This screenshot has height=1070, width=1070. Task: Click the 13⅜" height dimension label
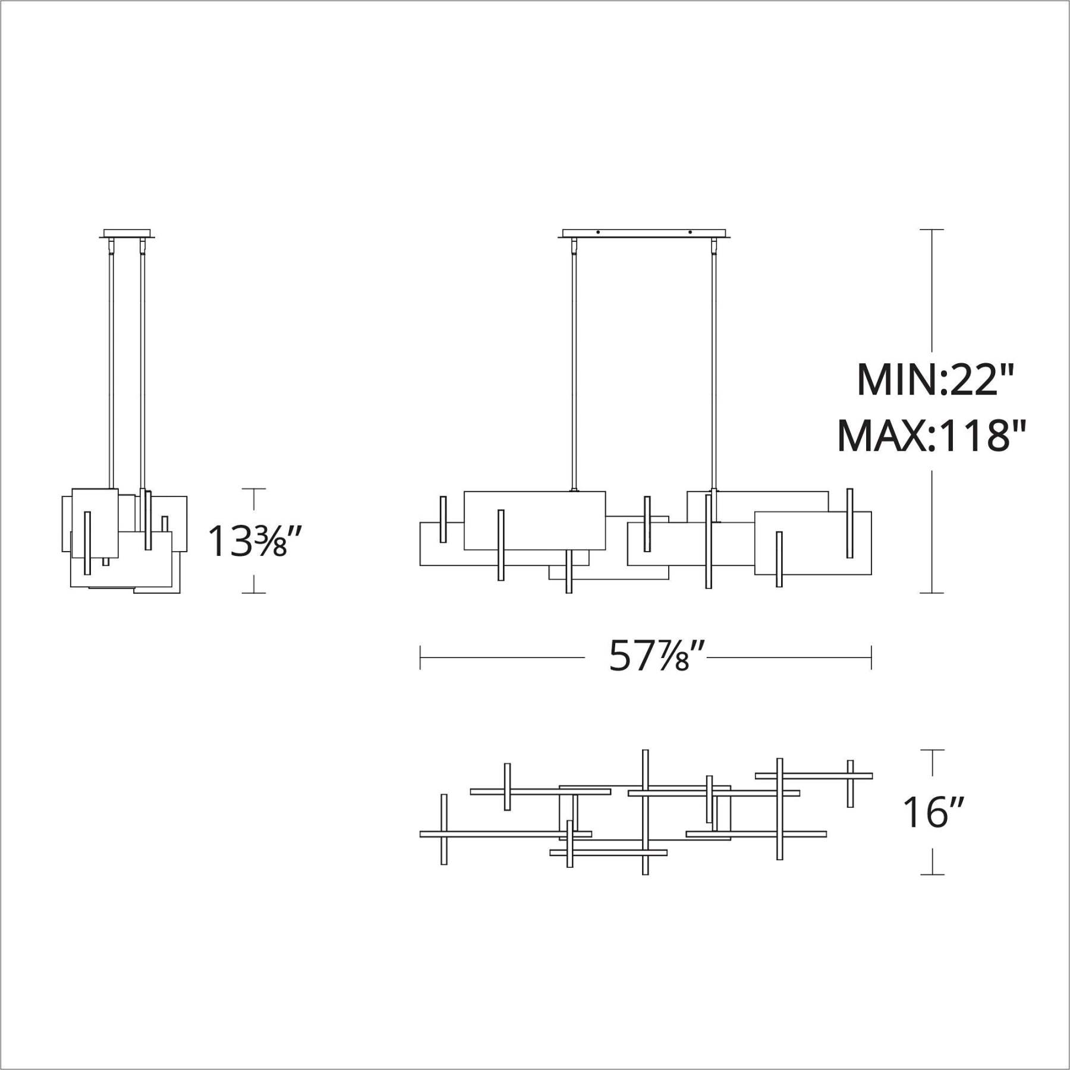(x=248, y=541)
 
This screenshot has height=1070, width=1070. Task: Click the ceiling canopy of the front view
(x=644, y=234)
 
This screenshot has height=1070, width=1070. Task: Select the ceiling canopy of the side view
(x=128, y=234)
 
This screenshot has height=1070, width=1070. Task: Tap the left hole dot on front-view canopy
(x=599, y=232)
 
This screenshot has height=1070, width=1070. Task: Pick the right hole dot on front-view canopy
(x=690, y=232)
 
